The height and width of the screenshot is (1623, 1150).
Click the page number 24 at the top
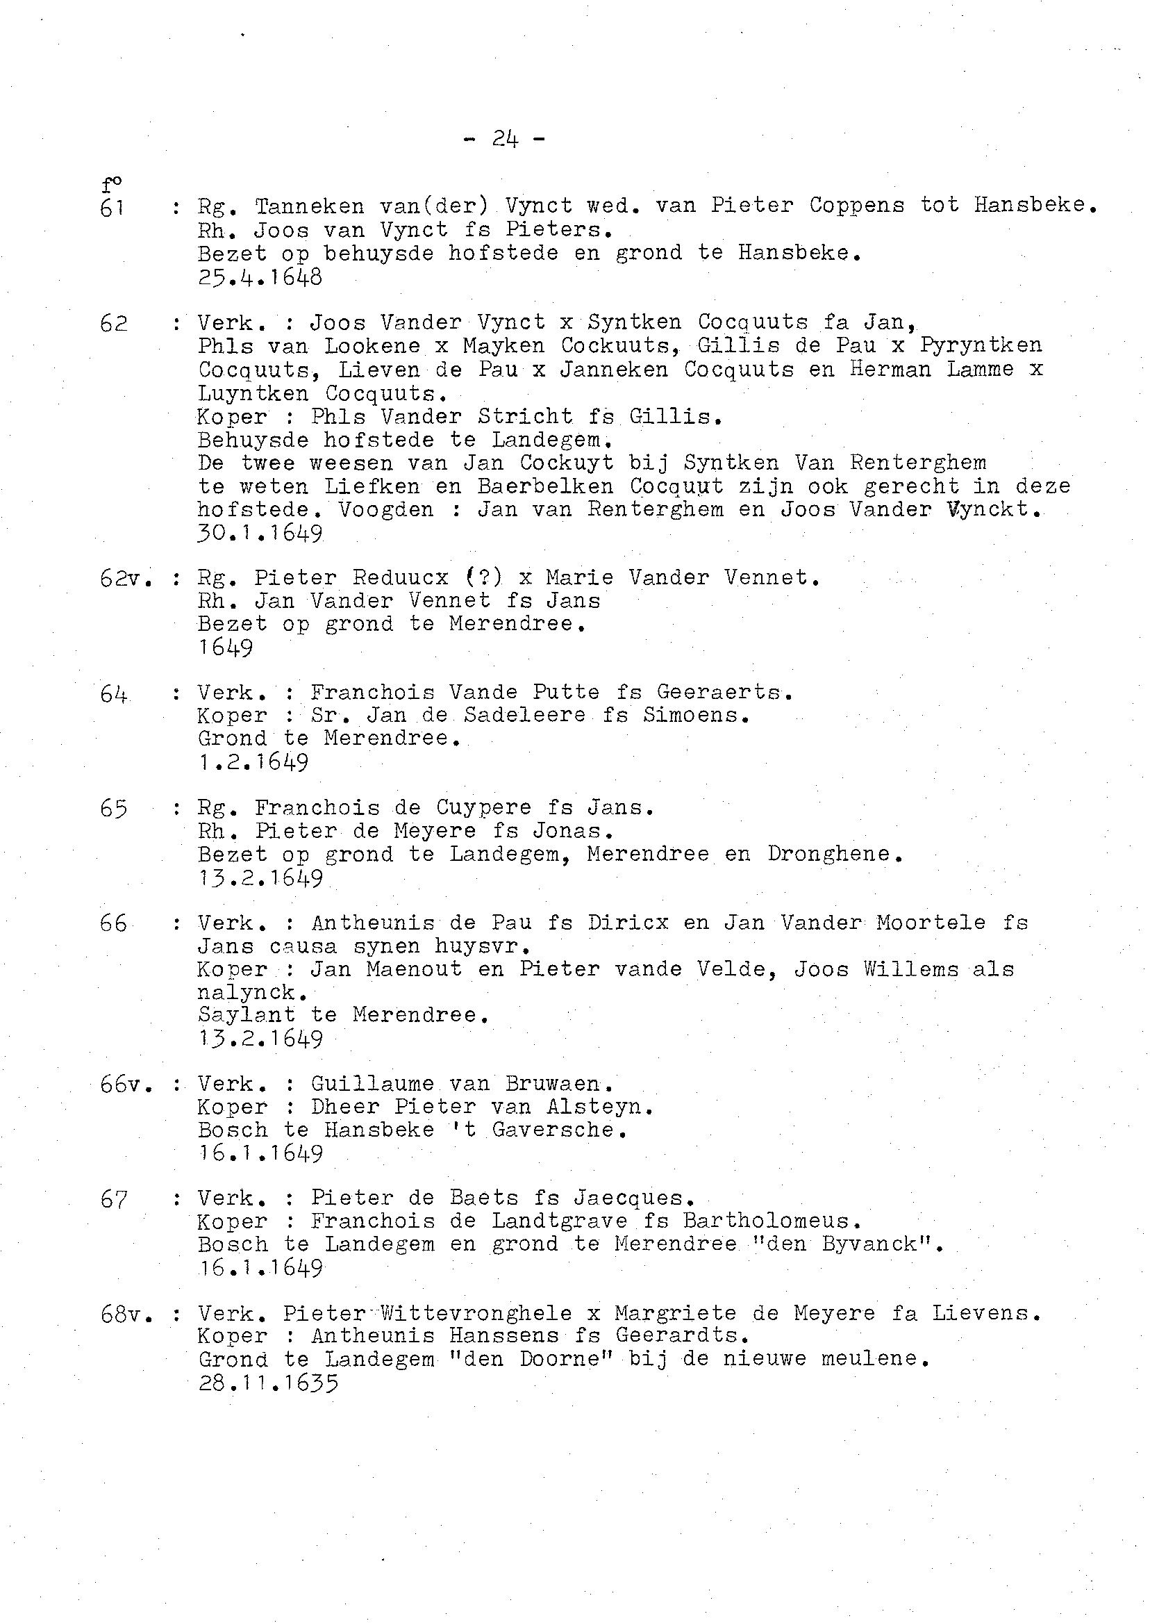point(505,139)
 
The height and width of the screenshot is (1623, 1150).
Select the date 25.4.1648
point(260,277)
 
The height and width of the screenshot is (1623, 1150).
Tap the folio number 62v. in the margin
point(127,578)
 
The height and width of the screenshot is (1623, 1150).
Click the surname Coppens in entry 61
point(857,206)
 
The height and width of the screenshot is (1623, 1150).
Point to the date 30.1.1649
point(260,534)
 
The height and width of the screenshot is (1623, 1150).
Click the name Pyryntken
point(981,346)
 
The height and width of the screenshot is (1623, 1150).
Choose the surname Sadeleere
point(525,716)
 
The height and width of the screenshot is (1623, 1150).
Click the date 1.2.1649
point(253,763)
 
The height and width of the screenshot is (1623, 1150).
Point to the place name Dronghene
point(834,855)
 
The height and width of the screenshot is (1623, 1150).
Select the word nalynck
point(246,994)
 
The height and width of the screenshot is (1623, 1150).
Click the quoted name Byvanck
point(876,1245)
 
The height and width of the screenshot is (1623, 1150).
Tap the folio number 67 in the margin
point(113,1199)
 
